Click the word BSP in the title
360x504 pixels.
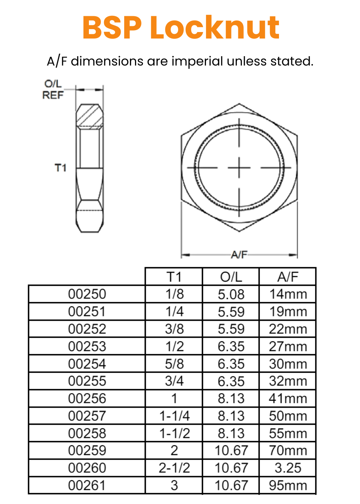pos(112,28)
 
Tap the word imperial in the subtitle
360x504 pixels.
pos(197,61)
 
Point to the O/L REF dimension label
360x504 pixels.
pos(53,89)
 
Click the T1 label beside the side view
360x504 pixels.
pos(60,168)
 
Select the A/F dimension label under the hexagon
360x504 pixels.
pos(239,255)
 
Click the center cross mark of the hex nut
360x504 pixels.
pos(239,168)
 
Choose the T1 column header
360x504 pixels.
pos(174,277)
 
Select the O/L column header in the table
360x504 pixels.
pos(231,277)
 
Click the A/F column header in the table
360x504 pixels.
pos(288,277)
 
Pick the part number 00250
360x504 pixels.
pos(87,294)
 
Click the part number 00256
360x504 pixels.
pos(87,399)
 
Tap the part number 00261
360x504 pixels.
pos(87,485)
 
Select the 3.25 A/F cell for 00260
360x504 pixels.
pos(288,468)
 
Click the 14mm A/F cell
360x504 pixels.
pos(288,294)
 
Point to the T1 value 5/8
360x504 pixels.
pos(174,364)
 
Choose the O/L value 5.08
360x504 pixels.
pos(231,294)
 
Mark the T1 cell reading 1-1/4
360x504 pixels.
pos(174,416)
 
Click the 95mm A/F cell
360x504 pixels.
pos(288,485)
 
